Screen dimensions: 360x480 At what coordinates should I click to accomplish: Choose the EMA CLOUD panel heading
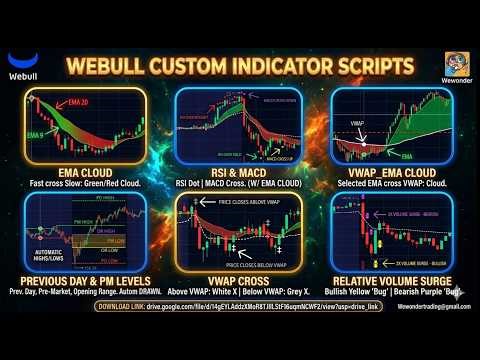(85, 174)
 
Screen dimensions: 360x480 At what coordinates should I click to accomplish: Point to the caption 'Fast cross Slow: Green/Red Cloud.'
(85, 185)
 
